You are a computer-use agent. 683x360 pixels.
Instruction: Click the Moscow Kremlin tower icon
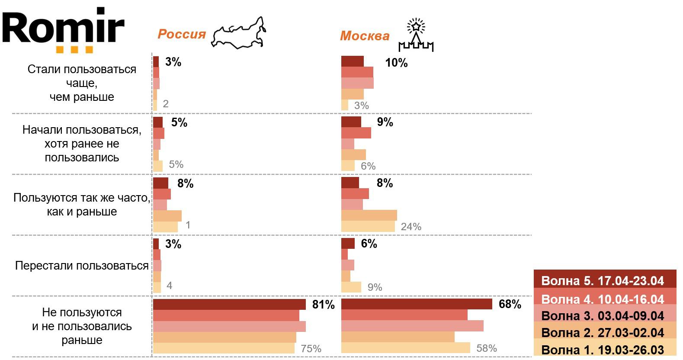[416, 36]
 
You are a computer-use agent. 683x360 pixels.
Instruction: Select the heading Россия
[182, 34]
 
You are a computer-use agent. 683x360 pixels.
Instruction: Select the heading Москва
[365, 36]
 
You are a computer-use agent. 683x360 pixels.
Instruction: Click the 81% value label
[324, 305]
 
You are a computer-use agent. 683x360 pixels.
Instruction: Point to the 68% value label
[510, 304]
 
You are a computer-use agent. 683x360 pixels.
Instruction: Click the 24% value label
[411, 227]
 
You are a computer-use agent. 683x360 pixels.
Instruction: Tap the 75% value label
[311, 349]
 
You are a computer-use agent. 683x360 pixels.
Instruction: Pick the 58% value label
[487, 348]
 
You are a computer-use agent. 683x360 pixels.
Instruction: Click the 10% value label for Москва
[396, 63]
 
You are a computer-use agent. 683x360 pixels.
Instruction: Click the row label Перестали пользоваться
[82, 266]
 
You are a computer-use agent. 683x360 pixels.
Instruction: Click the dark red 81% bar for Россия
[229, 304]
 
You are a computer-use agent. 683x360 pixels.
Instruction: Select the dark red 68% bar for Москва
[417, 304]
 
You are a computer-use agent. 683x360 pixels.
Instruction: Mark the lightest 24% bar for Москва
[368, 226]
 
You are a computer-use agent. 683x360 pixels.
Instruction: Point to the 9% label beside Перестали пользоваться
[375, 287]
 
